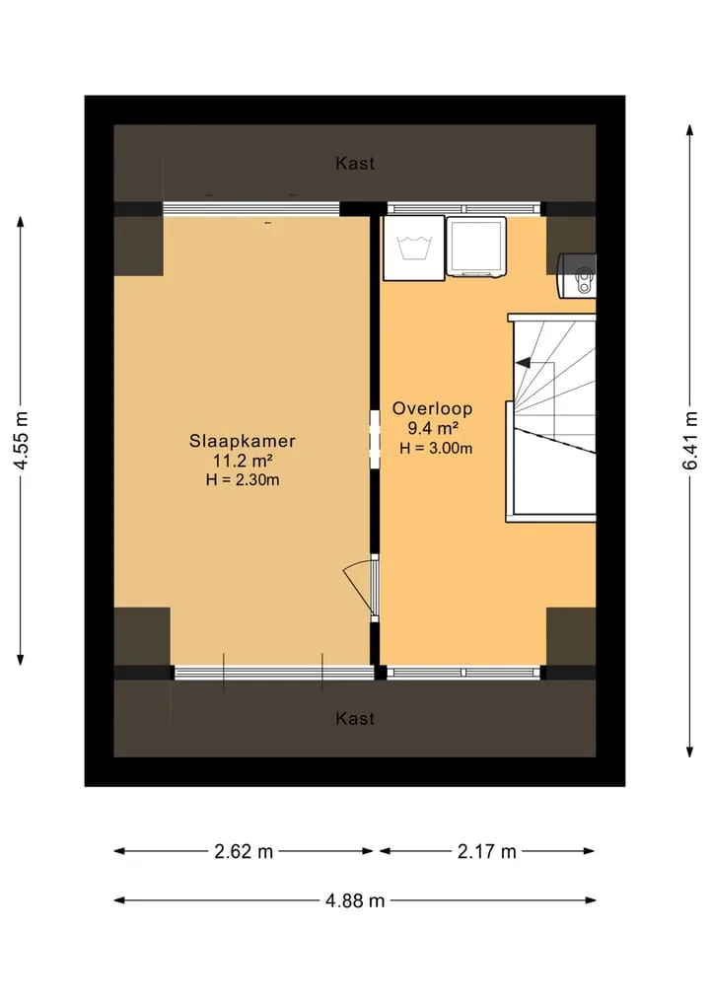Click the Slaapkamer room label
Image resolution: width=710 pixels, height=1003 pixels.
tap(242, 441)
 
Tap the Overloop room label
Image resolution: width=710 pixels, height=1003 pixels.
tap(432, 408)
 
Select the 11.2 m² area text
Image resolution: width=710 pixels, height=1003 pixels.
tap(243, 461)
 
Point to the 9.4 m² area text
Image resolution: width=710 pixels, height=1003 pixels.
tap(434, 429)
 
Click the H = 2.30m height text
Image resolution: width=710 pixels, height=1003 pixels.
tap(243, 479)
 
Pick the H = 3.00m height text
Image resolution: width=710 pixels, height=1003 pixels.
tap(436, 448)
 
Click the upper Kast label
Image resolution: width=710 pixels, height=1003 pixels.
tap(355, 163)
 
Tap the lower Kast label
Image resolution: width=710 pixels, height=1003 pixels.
tap(355, 718)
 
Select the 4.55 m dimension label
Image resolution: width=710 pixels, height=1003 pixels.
tap(21, 441)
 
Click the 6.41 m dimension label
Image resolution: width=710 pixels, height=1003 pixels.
tap(690, 441)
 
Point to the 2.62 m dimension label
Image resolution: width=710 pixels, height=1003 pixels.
tap(244, 851)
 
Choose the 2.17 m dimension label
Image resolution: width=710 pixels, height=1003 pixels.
tap(487, 851)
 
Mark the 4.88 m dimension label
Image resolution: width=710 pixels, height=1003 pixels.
tap(355, 900)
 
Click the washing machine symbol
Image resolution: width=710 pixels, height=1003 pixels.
tap(414, 249)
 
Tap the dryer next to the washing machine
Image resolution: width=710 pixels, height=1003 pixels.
tap(476, 248)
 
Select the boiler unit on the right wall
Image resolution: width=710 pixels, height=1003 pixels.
tap(578, 276)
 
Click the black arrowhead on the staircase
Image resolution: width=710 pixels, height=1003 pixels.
tap(523, 363)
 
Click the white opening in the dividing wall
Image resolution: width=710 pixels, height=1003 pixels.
tap(375, 439)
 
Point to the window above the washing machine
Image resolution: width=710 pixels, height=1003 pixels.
tap(463, 208)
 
